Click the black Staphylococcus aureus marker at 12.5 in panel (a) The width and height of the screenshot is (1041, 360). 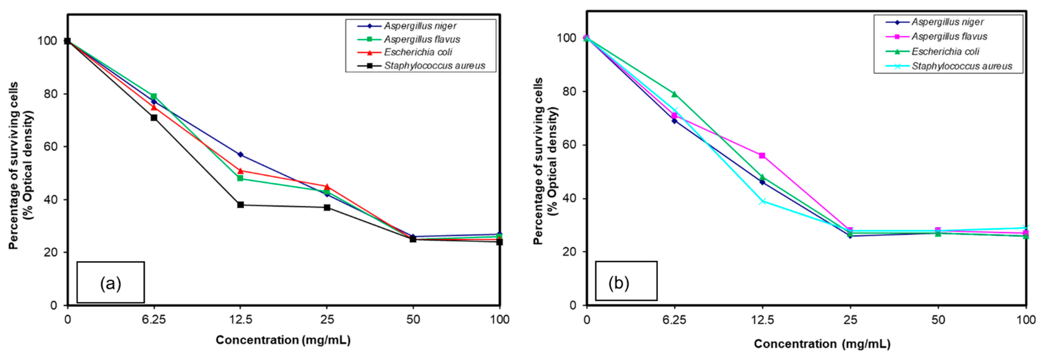pos(240,205)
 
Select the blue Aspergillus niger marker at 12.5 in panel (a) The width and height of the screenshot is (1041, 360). pos(240,155)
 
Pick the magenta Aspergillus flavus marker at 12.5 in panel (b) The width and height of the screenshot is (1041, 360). pos(762,155)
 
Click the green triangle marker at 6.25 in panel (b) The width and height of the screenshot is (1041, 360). pos(674,94)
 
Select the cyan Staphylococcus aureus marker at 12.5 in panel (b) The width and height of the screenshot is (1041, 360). pos(762,201)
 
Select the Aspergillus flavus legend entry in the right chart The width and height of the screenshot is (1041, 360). pos(949,37)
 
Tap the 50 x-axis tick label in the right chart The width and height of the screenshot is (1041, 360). pos(938,320)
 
